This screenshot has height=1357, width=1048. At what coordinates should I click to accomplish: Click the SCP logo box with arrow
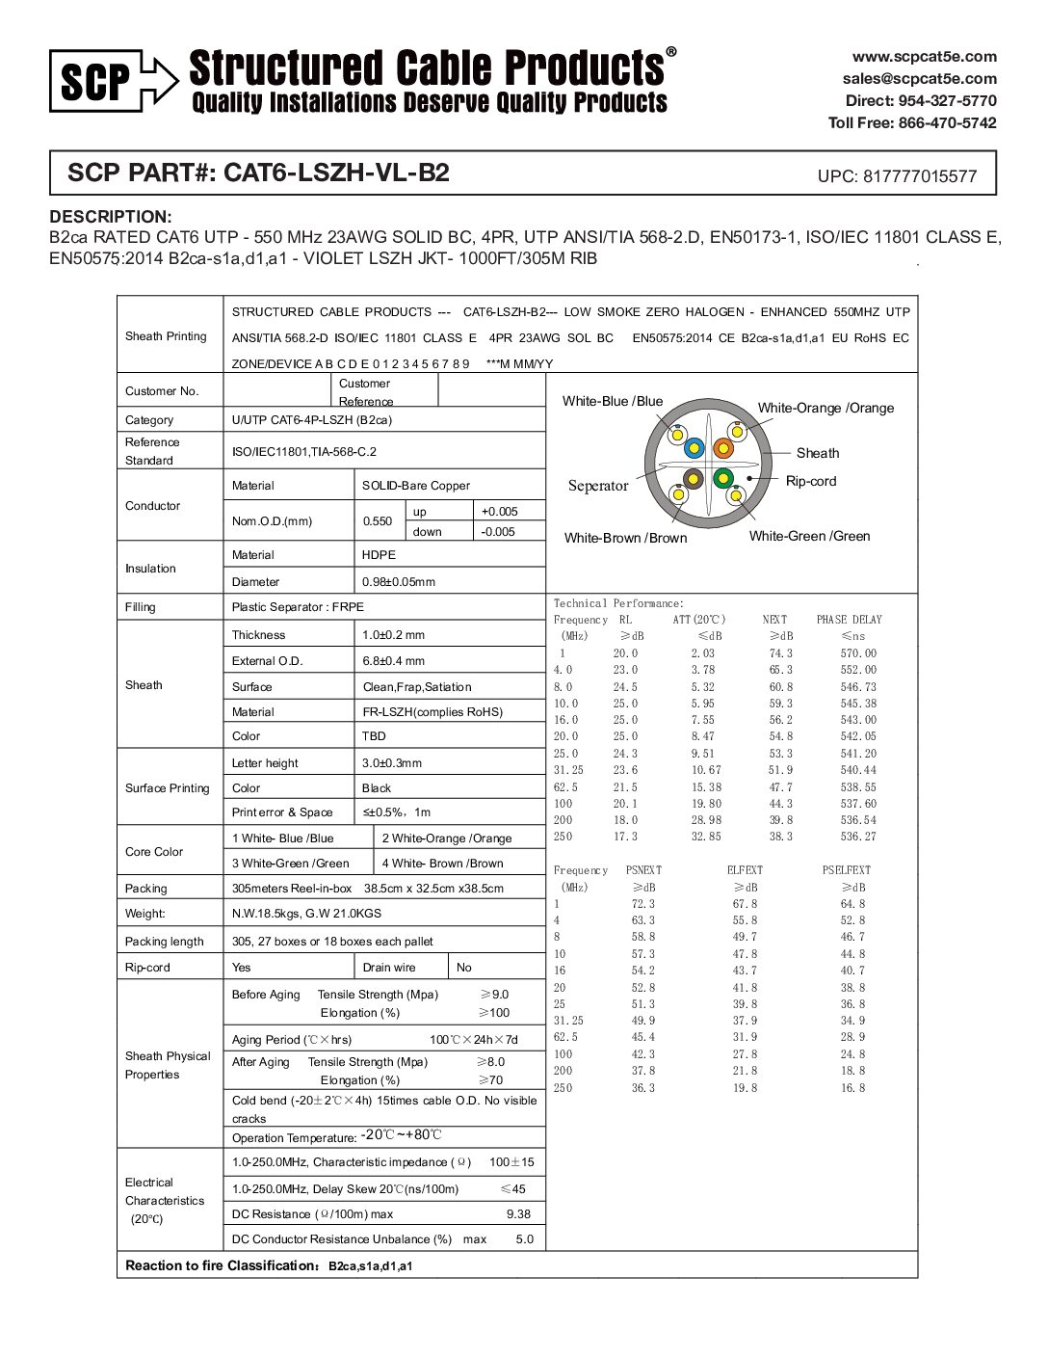point(114,81)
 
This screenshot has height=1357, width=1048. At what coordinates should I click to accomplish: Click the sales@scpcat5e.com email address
point(919,79)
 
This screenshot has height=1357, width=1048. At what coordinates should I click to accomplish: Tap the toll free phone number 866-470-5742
point(947,123)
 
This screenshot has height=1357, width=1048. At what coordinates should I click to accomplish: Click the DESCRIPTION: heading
point(111,217)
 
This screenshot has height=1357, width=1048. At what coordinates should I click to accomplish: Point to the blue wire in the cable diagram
point(694,448)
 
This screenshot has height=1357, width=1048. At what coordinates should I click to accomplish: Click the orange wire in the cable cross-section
point(723,448)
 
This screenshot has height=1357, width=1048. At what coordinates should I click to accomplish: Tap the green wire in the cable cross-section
point(723,478)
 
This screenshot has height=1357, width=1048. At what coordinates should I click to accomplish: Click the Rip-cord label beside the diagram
point(811,481)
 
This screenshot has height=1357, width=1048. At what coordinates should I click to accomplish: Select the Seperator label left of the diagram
point(597,486)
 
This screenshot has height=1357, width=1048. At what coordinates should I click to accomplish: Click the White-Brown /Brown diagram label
point(625,538)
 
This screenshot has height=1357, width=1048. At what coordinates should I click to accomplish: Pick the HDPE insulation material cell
point(379,555)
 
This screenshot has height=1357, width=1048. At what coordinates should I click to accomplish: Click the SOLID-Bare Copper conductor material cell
point(416,486)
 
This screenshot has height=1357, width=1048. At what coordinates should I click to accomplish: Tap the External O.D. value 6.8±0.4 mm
point(393,661)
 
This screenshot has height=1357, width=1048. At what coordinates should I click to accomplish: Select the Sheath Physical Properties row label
point(168,1065)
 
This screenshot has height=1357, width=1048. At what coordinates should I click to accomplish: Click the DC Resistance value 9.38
point(518,1214)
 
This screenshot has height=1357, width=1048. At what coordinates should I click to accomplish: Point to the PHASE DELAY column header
point(849,620)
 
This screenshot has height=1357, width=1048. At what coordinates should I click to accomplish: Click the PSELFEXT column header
point(846,870)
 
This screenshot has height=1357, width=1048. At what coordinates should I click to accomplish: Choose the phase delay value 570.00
point(858,653)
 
